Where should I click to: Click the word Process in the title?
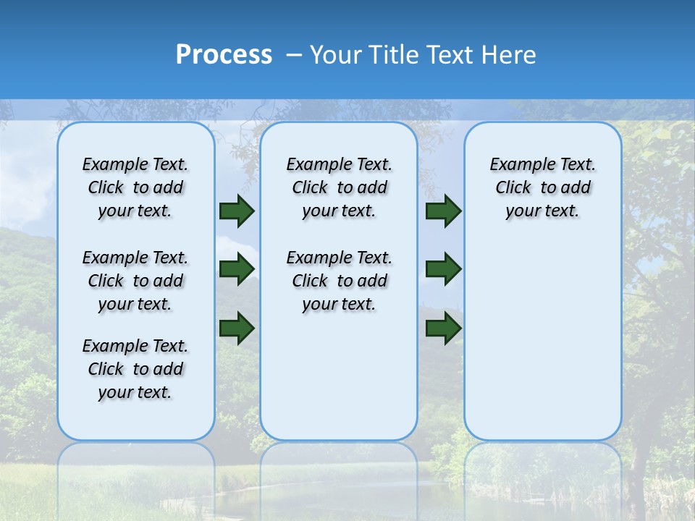[x=224, y=55]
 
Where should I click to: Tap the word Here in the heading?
[x=510, y=55]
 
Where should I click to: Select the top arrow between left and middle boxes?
[x=237, y=211]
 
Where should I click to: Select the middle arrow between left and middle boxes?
[x=237, y=269]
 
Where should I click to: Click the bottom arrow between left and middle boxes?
[x=237, y=328]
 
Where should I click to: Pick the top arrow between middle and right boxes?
[x=443, y=211]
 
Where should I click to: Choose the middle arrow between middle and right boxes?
[x=443, y=269]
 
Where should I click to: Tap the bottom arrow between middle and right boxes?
[x=443, y=328]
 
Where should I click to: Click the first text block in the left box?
[x=135, y=187]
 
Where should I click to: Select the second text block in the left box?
[x=135, y=281]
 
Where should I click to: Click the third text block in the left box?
[x=135, y=369]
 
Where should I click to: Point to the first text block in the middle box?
[x=339, y=187]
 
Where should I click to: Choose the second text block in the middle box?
[x=339, y=281]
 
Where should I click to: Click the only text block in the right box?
[x=543, y=187]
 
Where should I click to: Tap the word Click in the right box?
[x=513, y=188]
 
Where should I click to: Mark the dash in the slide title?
[x=295, y=55]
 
